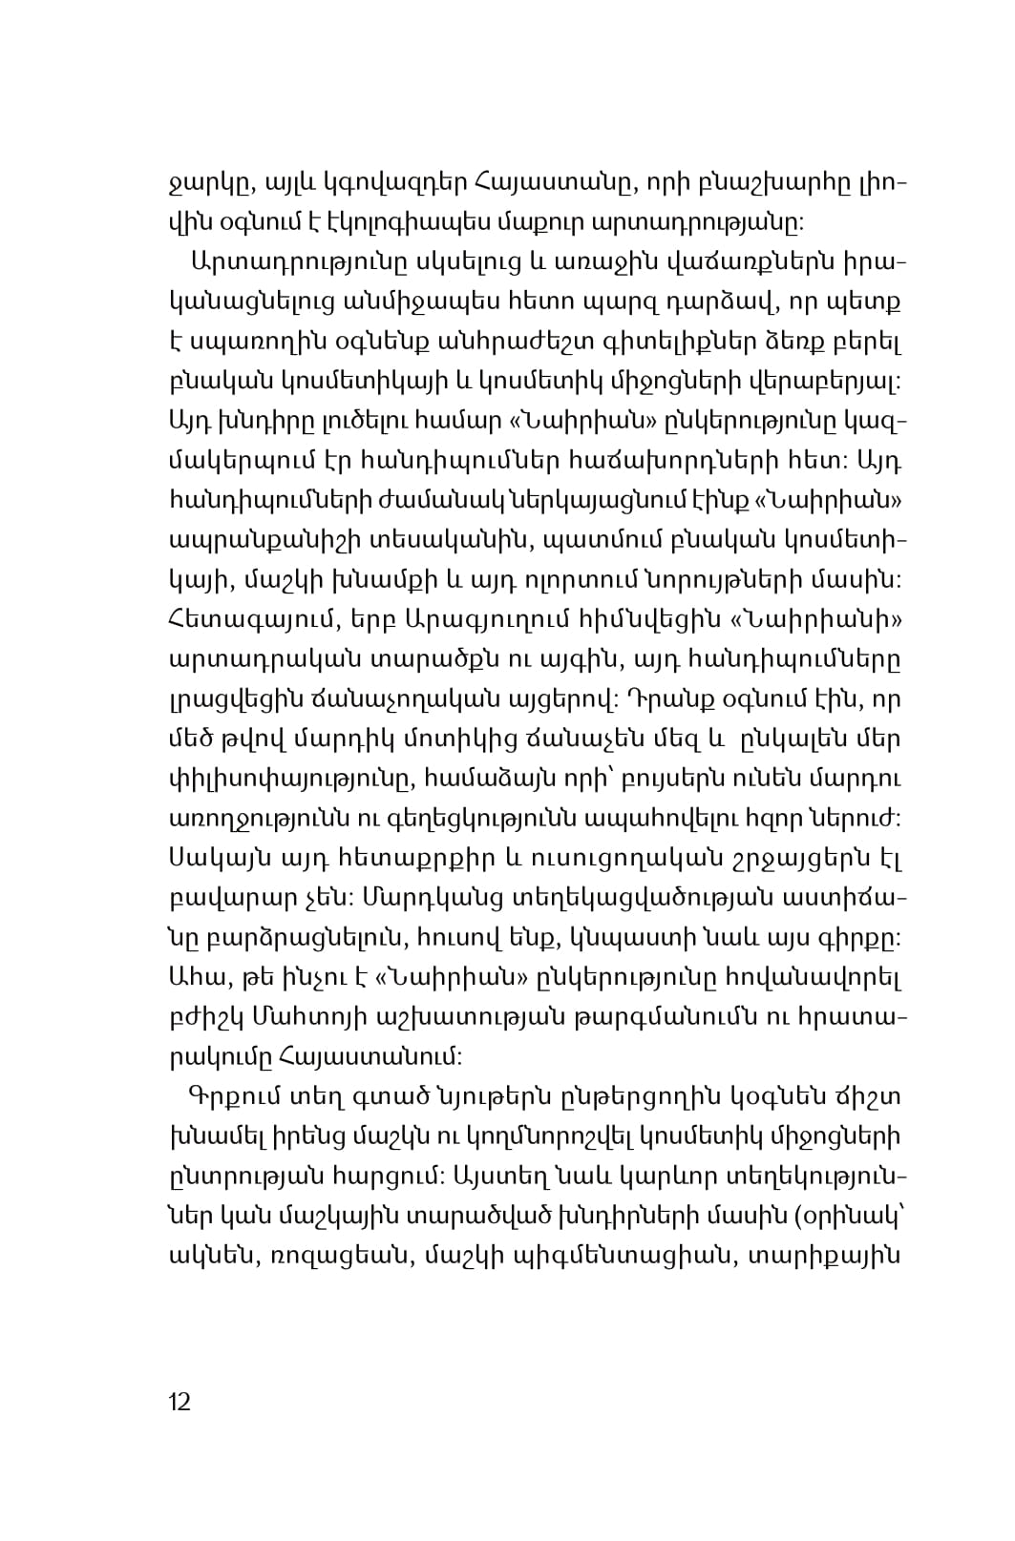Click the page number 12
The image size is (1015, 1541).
click(x=180, y=1402)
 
